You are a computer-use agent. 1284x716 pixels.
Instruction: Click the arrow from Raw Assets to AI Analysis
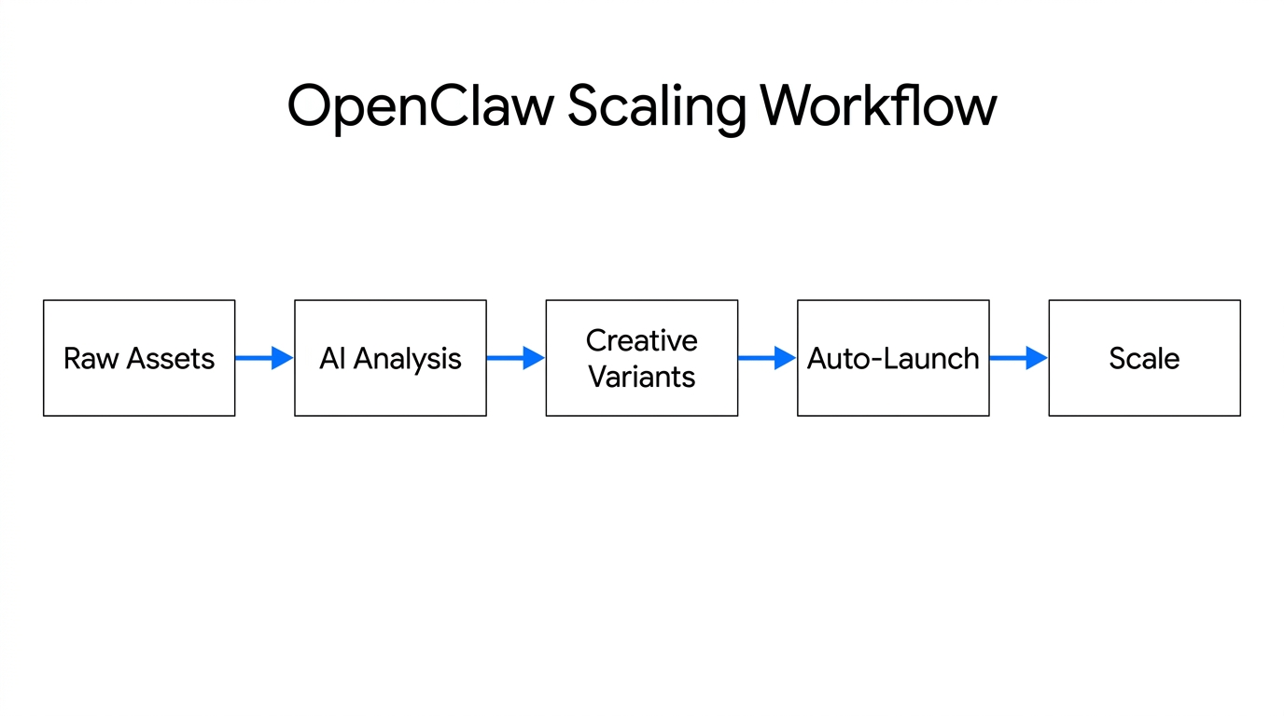pyautogui.click(x=263, y=358)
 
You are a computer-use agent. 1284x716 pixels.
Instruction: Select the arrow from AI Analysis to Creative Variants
pyautogui.click(x=514, y=358)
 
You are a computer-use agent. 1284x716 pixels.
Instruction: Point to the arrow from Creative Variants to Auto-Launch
pyautogui.click(x=766, y=358)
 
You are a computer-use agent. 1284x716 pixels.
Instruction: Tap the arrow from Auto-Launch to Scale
pyautogui.click(x=1017, y=358)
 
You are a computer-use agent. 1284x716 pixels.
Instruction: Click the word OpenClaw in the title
pyautogui.click(x=420, y=106)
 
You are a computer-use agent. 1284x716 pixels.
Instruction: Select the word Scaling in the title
pyautogui.click(x=656, y=106)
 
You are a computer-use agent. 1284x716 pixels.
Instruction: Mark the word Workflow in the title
pyautogui.click(x=878, y=106)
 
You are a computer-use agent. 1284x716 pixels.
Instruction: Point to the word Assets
pyautogui.click(x=171, y=359)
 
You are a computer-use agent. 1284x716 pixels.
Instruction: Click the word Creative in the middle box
pyautogui.click(x=642, y=340)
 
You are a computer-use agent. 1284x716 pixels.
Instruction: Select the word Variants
pyautogui.click(x=642, y=377)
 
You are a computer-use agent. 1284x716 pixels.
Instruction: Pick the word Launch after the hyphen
pyautogui.click(x=933, y=359)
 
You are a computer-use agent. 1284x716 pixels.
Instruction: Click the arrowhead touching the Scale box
pyautogui.click(x=1036, y=358)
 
